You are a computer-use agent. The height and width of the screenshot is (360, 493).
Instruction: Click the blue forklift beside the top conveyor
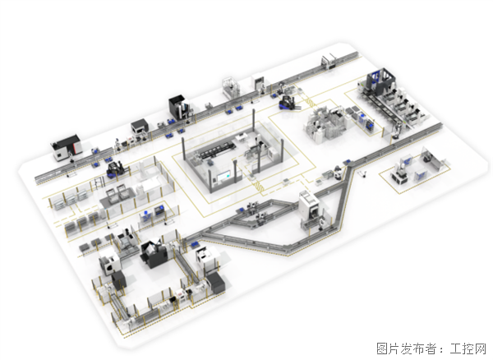(287, 103)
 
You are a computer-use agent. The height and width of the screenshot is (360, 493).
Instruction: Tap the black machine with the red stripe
(66, 147)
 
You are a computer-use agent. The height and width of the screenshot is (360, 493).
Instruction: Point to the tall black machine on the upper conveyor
(178, 107)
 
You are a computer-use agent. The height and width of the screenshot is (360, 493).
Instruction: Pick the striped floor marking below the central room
(259, 186)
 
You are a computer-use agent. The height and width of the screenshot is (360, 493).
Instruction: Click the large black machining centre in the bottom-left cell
(153, 254)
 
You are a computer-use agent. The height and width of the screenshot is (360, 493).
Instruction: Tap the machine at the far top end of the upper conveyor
(329, 61)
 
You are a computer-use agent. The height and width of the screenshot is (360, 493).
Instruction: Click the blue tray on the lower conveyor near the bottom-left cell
(194, 244)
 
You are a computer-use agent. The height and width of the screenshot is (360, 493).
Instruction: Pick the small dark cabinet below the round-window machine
(119, 280)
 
